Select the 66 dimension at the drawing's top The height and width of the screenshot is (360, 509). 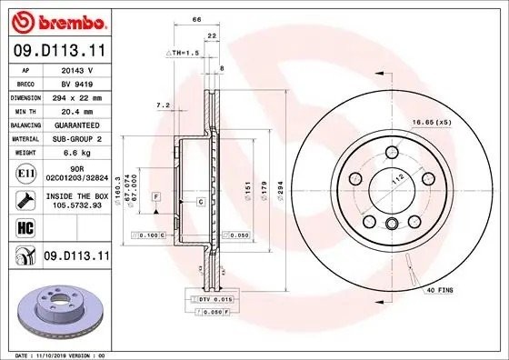195,18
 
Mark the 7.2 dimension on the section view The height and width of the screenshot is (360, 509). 164,105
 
